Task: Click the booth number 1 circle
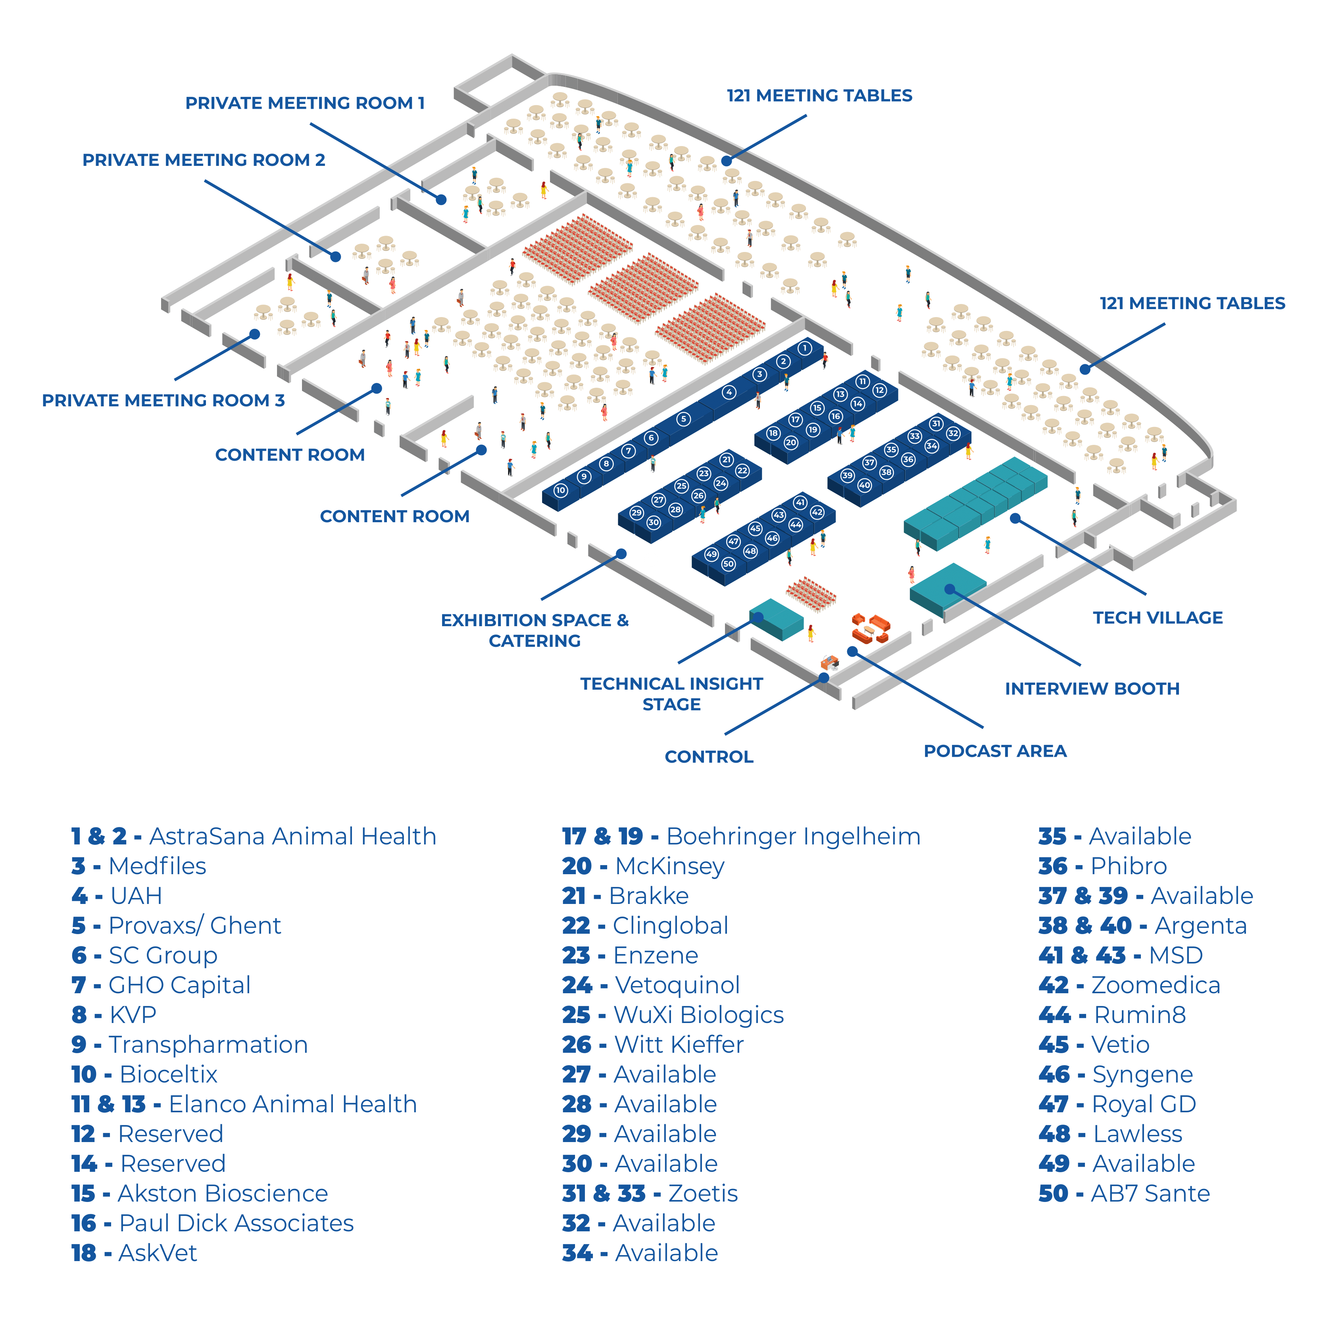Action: coord(805,348)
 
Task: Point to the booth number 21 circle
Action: coord(727,460)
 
